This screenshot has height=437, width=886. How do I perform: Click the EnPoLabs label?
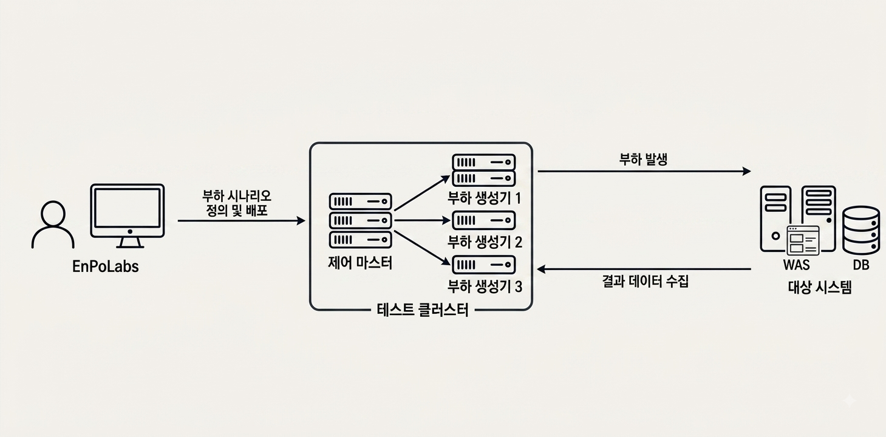[x=105, y=266]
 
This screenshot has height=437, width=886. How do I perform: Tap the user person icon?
[x=53, y=225]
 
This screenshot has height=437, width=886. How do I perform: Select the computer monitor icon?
[x=128, y=216]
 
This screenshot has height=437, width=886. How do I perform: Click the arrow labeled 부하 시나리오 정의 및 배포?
[x=241, y=221]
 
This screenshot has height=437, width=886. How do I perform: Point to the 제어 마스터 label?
[x=360, y=263]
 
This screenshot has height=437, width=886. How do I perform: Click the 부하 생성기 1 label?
[x=485, y=198]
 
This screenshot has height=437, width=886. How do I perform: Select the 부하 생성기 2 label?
[x=485, y=242]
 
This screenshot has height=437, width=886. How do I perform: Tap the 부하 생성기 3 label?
[x=485, y=286]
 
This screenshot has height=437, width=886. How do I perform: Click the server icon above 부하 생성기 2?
[x=484, y=221]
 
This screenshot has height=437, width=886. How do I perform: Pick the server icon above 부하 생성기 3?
[x=484, y=265]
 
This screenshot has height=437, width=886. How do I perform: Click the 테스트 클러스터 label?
[x=423, y=310]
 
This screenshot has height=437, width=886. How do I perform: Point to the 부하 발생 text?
[x=643, y=160]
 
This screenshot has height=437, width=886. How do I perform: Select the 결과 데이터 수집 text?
[x=646, y=282]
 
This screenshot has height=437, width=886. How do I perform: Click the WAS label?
[x=796, y=265]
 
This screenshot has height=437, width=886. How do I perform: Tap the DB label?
[x=861, y=265]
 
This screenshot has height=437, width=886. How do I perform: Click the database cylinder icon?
[x=861, y=230]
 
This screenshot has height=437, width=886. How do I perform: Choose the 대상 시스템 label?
[x=820, y=288]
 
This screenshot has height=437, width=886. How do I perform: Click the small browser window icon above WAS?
[x=803, y=240]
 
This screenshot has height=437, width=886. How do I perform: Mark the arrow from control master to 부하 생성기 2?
[x=423, y=220]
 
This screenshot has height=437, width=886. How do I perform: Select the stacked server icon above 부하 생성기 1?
[x=484, y=171]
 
